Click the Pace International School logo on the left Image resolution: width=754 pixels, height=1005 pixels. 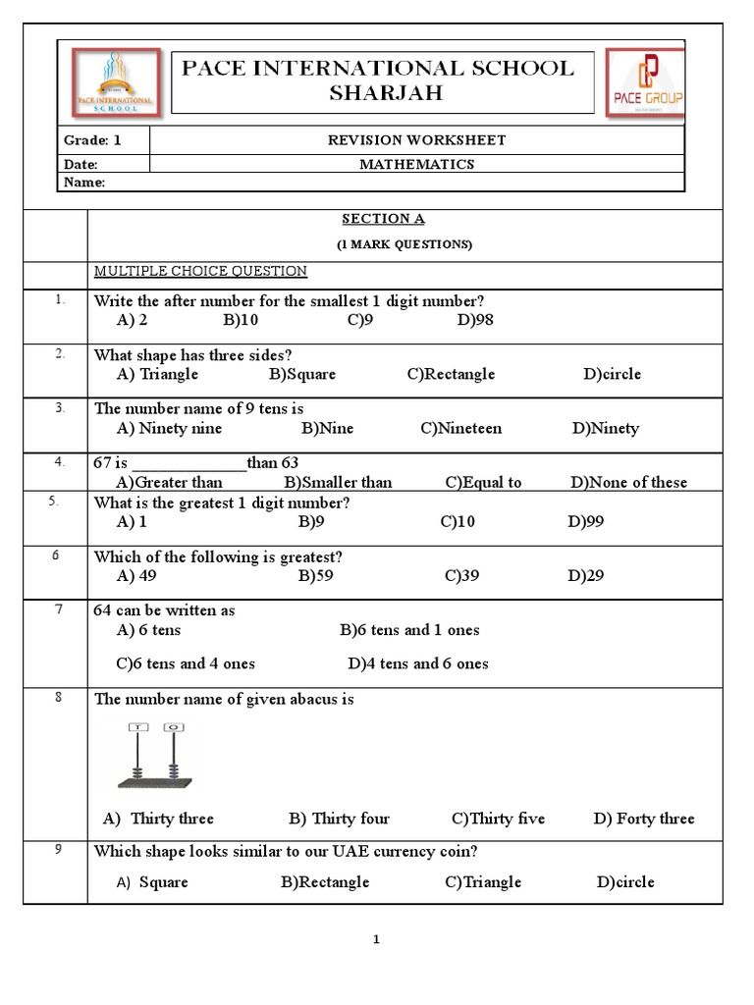113,82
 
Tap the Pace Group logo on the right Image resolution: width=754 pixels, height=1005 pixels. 645,82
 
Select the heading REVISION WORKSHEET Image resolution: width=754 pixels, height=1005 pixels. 416,140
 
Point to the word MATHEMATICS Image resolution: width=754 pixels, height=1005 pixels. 416,165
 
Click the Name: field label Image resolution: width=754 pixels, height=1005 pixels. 84,183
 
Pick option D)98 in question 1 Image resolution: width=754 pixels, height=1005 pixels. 475,320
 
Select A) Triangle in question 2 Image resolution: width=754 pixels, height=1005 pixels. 157,374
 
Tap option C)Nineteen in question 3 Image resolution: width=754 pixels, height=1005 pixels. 461,428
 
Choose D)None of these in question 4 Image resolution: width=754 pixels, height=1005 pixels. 628,482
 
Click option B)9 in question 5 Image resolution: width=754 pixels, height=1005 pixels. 311,522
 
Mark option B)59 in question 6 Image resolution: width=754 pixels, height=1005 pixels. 315,576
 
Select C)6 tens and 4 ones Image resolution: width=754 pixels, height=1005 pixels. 186,663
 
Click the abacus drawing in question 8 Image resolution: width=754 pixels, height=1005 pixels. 154,756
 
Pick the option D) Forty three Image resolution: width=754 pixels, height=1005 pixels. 643,819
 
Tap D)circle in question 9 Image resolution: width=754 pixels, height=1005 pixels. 625,881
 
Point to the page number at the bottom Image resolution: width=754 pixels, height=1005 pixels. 376,939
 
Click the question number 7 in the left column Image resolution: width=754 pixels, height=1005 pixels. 59,609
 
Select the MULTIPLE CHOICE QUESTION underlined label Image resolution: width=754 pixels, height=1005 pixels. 200,271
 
